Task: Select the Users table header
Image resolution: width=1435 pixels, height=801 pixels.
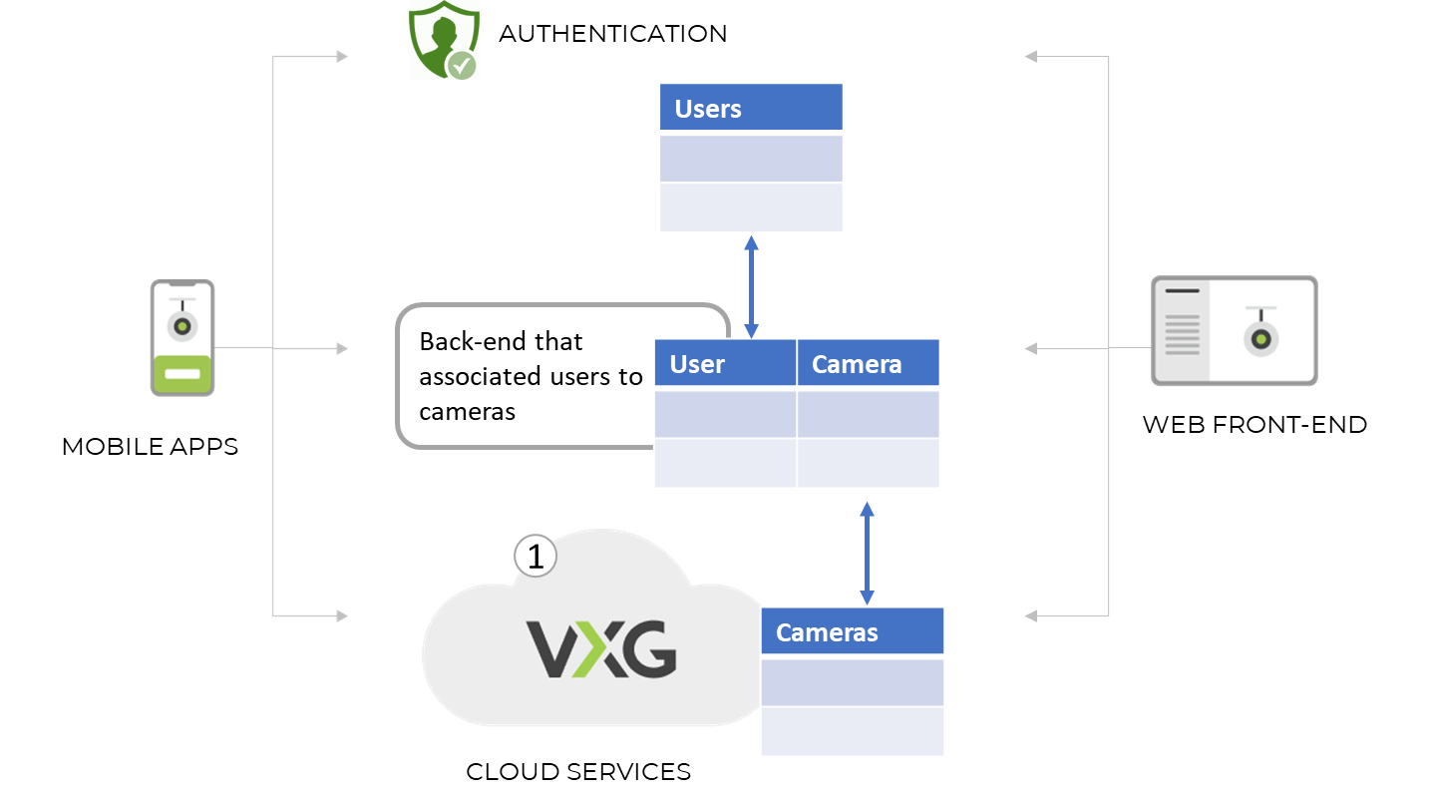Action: coord(751,108)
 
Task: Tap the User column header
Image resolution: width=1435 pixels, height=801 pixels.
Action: coord(725,363)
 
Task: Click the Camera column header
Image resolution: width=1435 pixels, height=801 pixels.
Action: coord(868,363)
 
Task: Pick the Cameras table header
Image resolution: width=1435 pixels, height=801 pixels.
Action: coord(852,631)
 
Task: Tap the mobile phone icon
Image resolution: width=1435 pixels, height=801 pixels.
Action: coord(182,338)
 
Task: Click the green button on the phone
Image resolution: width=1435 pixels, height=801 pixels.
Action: coord(182,376)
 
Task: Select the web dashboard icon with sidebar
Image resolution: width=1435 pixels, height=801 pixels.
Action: coord(1234,331)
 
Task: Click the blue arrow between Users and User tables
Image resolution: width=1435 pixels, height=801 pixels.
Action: coord(752,286)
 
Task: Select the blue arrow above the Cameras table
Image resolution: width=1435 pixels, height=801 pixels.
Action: coord(867,553)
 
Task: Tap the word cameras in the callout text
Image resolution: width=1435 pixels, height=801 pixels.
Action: coord(467,411)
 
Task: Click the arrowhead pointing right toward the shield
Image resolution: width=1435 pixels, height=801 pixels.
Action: coord(342,57)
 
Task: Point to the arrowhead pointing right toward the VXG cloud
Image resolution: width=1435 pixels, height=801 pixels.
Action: coord(342,616)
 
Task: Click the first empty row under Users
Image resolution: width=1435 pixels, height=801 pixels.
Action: coord(751,158)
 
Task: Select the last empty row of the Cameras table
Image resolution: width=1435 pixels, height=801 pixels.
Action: coord(852,731)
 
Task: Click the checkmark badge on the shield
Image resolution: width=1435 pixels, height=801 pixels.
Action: coord(461,65)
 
